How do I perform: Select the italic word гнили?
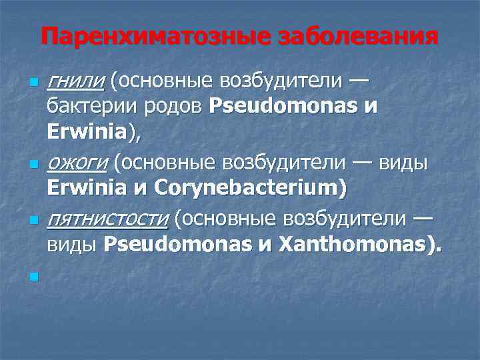[x=75, y=81]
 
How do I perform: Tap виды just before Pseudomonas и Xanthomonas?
[x=73, y=245]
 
